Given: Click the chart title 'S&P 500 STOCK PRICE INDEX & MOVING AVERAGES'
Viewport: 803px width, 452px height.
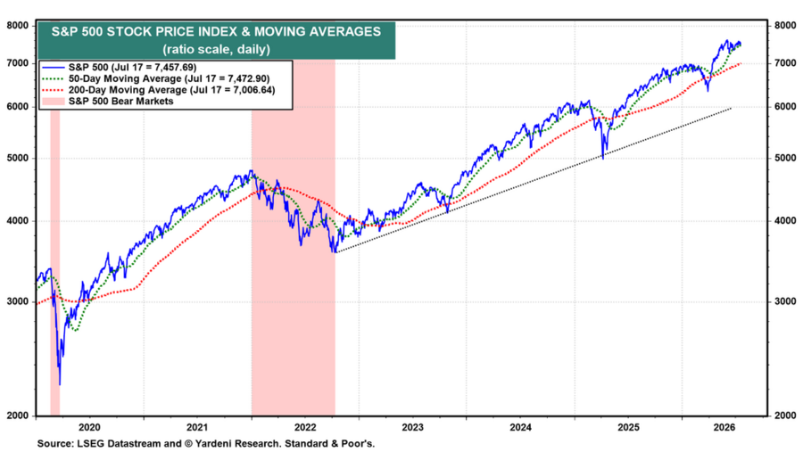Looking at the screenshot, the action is (216, 32).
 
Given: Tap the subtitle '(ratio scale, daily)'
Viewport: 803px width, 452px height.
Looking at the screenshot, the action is (216, 49).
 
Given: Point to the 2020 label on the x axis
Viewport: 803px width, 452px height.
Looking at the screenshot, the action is (90, 428).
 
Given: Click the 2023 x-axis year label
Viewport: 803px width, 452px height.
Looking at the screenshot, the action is (413, 428).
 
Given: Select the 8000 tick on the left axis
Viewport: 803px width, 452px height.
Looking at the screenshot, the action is (18, 26).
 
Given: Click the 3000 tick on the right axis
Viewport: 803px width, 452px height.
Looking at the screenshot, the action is (785, 301).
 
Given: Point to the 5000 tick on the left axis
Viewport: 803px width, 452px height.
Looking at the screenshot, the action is (18, 158).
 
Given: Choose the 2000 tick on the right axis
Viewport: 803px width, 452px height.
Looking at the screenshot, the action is (785, 415).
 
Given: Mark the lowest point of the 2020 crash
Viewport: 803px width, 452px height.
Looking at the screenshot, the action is (60, 384).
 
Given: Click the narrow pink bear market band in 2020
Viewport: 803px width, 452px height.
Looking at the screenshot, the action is (54, 262).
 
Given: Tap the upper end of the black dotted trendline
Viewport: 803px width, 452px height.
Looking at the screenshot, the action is (731, 109).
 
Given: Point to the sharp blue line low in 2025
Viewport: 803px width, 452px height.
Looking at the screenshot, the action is (603, 158).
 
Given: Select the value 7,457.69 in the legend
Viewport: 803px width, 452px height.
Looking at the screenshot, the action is (174, 68).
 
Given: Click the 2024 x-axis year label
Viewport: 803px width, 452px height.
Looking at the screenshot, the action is (521, 428).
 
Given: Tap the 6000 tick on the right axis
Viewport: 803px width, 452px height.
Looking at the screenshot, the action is (785, 107).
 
